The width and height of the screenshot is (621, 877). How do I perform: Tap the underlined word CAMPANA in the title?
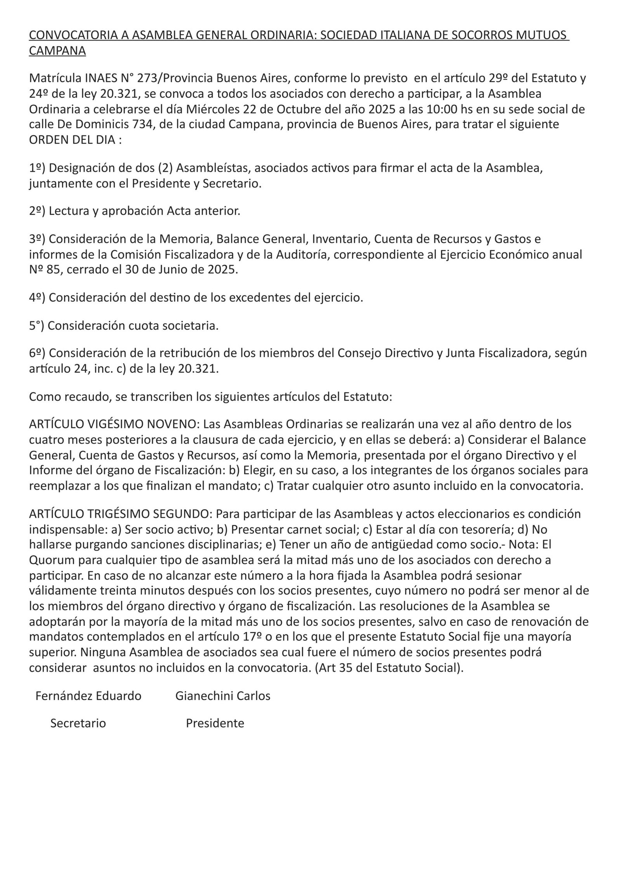(57, 51)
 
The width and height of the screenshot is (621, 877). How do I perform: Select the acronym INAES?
(100, 78)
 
